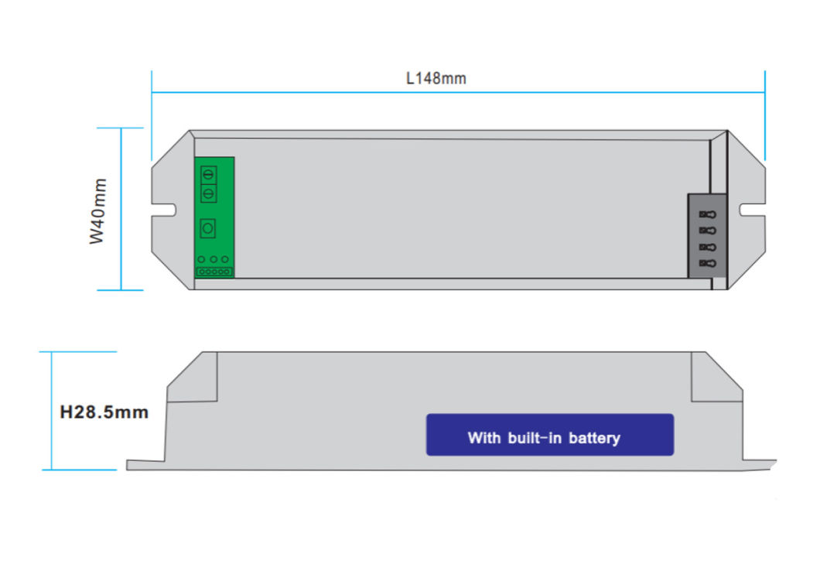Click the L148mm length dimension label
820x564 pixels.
pos(436,79)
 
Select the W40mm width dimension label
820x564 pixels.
pos(97,211)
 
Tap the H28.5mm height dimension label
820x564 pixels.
pos(104,412)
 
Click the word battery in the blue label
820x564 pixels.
pos(594,438)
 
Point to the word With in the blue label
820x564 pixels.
pos(485,438)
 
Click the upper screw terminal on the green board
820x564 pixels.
pos(207,176)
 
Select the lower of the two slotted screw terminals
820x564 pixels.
pos(207,193)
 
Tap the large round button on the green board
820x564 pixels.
pos(207,228)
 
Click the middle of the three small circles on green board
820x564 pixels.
pos(213,260)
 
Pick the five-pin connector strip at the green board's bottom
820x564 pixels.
pos(214,272)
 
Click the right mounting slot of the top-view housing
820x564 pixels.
pos(751,209)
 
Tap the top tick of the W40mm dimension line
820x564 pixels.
pos(121,128)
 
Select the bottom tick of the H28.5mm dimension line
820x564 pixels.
pos(52,469)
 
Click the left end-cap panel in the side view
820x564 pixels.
pos(193,379)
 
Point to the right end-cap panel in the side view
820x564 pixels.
pos(716,379)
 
